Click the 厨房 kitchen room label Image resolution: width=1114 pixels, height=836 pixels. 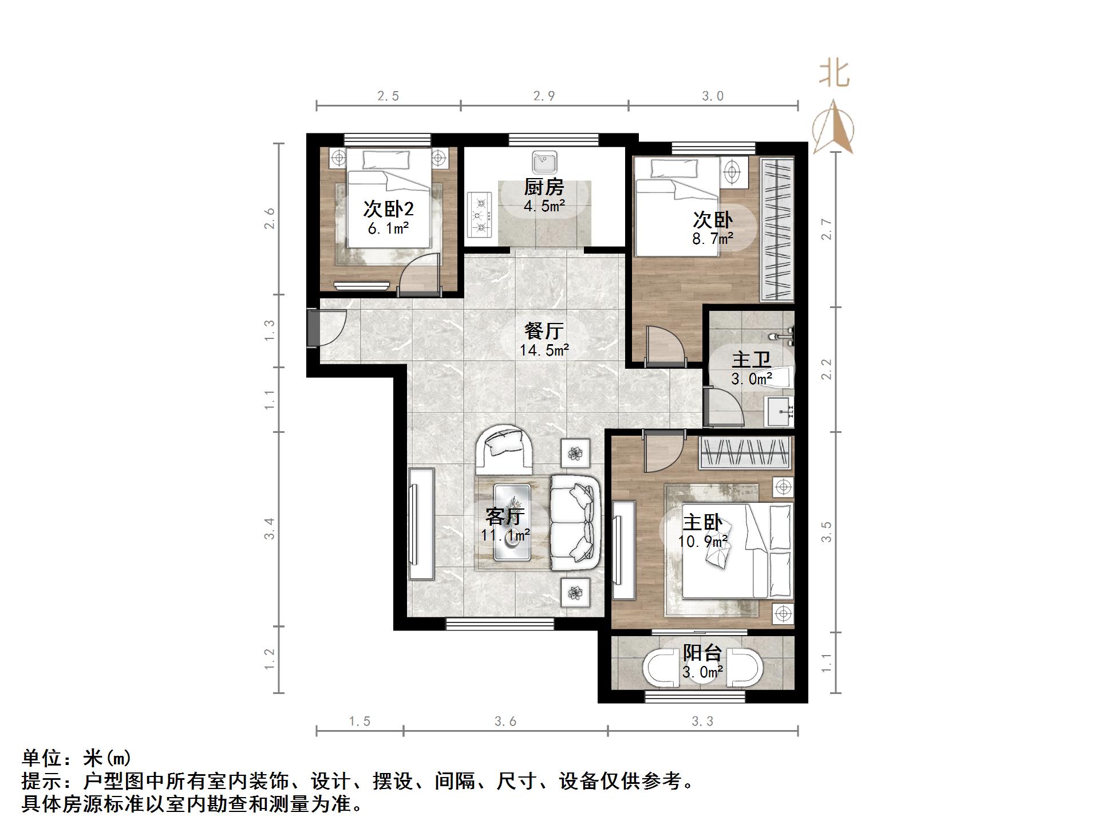(544, 187)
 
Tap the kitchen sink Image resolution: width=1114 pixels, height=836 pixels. (544, 162)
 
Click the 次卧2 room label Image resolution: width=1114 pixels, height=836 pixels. (388, 208)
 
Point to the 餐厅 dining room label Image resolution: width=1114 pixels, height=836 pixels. (544, 330)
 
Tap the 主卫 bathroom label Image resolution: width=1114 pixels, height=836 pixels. (751, 360)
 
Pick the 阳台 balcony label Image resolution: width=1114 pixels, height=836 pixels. (702, 653)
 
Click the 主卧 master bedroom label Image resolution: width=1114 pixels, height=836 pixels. (702, 522)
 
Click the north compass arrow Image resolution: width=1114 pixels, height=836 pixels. (833, 127)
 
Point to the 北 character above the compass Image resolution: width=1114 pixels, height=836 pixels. (834, 74)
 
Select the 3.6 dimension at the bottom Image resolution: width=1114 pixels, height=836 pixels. (505, 721)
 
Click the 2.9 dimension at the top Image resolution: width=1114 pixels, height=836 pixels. (544, 96)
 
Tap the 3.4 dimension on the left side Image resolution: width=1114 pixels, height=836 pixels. (270, 529)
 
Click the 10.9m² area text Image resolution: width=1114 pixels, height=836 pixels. (702, 541)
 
